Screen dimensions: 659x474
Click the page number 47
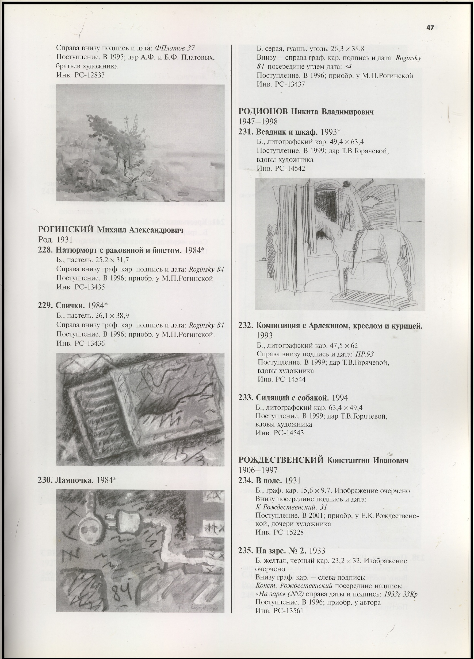[430, 28]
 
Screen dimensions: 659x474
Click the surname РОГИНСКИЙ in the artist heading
[66, 230]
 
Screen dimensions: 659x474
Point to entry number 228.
[45, 250]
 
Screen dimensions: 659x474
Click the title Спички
[70, 305]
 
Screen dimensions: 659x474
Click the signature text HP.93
[365, 354]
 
